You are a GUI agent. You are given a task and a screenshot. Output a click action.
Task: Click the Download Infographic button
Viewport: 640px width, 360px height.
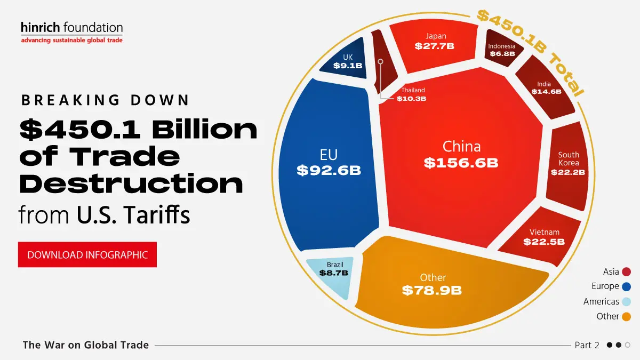click(87, 255)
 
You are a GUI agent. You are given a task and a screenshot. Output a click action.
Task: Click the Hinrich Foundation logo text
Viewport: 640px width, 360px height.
click(71, 27)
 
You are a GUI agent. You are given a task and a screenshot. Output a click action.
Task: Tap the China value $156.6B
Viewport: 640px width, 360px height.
click(461, 163)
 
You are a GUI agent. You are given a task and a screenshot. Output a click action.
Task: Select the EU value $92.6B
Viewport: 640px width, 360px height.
click(329, 171)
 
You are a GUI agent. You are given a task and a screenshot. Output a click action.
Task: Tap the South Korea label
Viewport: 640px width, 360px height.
click(569, 159)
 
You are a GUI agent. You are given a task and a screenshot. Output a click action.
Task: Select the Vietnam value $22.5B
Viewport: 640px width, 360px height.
click(544, 242)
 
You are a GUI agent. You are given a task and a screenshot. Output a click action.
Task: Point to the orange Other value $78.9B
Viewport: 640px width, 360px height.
click(431, 291)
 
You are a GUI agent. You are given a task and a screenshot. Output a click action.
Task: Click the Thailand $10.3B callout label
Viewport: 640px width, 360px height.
click(412, 95)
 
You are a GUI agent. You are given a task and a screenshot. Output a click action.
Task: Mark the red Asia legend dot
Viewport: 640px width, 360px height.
click(627, 272)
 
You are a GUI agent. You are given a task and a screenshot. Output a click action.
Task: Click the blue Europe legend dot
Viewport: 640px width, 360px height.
click(627, 286)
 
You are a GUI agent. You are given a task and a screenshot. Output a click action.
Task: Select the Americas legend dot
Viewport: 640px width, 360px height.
click(627, 301)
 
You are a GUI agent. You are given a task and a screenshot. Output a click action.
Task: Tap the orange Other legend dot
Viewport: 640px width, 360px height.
click(627, 316)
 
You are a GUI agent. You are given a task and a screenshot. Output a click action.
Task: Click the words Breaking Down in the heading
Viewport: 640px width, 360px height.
click(105, 100)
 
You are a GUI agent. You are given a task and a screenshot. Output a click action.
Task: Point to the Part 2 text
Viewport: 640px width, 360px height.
click(587, 345)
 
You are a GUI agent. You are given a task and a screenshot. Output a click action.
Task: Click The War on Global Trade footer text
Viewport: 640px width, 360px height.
click(85, 345)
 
